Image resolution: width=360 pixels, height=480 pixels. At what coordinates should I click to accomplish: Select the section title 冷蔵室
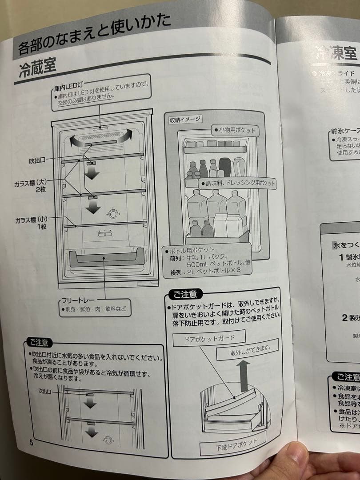click(37, 69)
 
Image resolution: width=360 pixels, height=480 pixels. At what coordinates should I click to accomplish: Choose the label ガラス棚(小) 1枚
click(31, 223)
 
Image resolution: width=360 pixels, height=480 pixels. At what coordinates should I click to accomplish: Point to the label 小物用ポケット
click(237, 130)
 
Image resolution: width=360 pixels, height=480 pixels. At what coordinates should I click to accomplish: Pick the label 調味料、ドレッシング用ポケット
click(238, 183)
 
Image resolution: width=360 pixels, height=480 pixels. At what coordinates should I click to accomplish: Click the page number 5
click(31, 442)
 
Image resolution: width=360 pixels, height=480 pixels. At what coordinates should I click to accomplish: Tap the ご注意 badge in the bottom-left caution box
click(39, 342)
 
